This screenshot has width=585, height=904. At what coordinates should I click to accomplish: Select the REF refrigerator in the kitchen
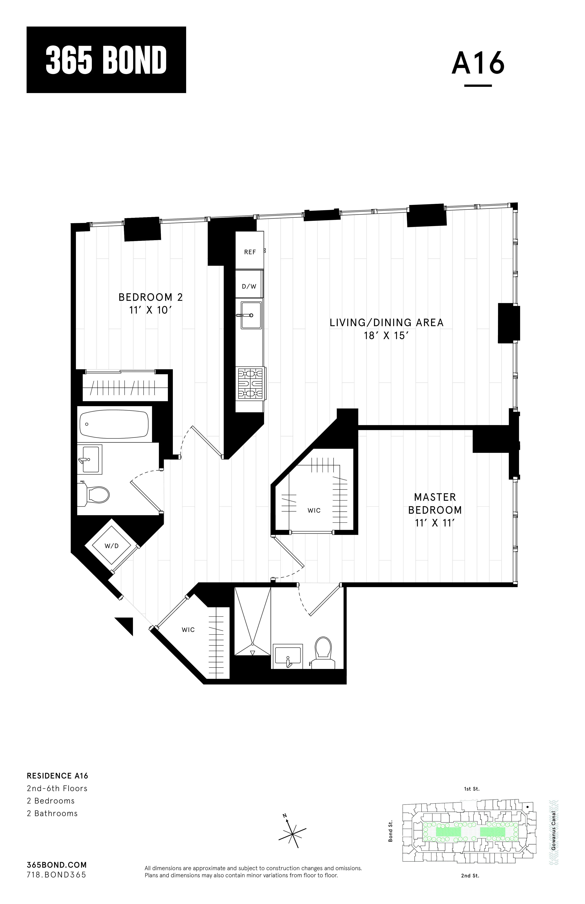(x=250, y=252)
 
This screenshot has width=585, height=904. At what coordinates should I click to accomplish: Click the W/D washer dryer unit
(x=112, y=546)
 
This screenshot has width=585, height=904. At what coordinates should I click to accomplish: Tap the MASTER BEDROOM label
(x=435, y=503)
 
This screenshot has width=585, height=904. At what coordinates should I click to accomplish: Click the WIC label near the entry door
(x=188, y=630)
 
